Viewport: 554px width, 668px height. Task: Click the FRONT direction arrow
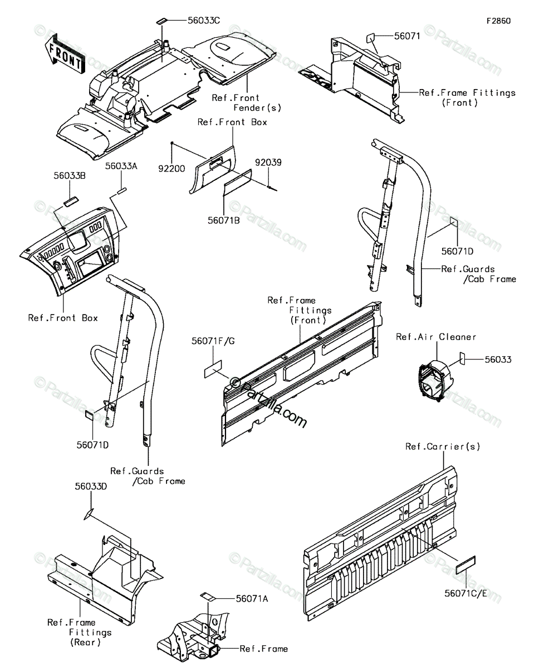click(x=65, y=53)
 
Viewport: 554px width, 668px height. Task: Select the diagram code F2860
click(x=498, y=21)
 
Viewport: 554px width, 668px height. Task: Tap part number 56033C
click(x=204, y=21)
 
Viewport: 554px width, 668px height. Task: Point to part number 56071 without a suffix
click(x=407, y=36)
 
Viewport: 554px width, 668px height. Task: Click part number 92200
click(x=171, y=168)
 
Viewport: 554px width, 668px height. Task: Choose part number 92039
click(x=268, y=163)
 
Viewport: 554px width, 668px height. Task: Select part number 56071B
click(x=224, y=220)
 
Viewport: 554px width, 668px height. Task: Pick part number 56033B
click(x=70, y=176)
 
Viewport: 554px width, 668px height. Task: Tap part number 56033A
click(x=121, y=166)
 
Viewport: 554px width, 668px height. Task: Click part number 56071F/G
click(x=213, y=341)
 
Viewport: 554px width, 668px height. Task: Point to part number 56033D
click(x=91, y=487)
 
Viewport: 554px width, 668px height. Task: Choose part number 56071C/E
click(x=465, y=593)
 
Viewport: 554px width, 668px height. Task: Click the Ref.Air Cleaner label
click(x=436, y=337)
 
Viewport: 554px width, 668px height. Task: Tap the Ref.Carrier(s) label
click(x=443, y=446)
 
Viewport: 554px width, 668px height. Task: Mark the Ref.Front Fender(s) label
click(x=247, y=102)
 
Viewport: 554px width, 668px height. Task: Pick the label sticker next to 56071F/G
click(x=213, y=369)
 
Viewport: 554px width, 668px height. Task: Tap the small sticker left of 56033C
click(x=161, y=21)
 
